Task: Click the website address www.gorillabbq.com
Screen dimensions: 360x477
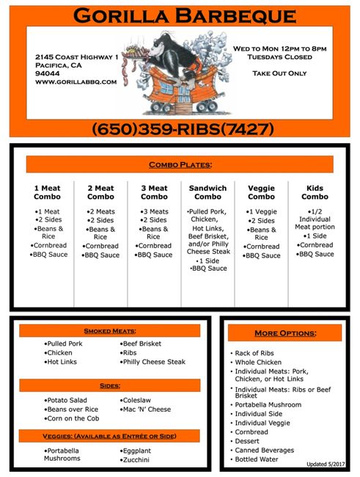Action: pos(76,82)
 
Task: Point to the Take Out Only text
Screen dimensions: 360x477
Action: pos(280,74)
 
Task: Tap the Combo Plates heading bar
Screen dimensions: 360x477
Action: pos(180,164)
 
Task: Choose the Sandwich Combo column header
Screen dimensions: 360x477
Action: pos(207,192)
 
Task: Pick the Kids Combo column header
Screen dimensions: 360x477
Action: pos(315,192)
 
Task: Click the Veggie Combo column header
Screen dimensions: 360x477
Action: pos(261,192)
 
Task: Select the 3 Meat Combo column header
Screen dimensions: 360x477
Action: pos(154,192)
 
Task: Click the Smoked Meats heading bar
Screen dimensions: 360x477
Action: pos(110,331)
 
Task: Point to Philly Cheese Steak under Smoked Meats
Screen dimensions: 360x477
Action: pos(155,362)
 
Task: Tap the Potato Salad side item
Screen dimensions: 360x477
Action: pos(66,400)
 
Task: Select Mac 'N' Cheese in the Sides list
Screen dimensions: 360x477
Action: pos(146,409)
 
